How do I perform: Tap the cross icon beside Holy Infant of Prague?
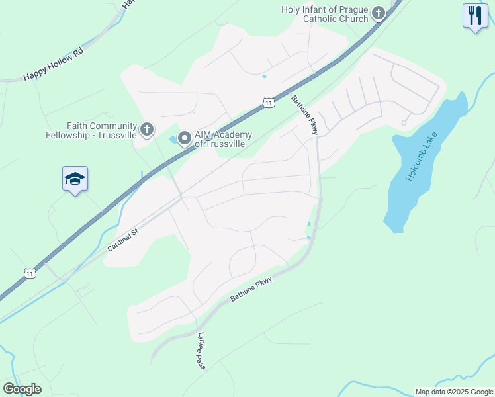click(x=378, y=13)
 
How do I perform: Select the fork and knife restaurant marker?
click(x=474, y=15)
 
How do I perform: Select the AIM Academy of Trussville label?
click(x=222, y=139)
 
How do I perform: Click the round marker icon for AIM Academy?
click(x=185, y=138)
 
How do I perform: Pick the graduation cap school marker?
click(x=75, y=179)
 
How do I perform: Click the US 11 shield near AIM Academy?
click(x=267, y=102)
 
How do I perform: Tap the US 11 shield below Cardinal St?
click(x=30, y=272)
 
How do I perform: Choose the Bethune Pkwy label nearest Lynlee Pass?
click(x=251, y=290)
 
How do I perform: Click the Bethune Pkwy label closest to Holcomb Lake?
click(x=305, y=116)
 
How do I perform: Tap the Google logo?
click(x=22, y=388)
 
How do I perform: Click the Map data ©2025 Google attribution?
click(x=455, y=392)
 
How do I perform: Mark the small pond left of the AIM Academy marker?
click(x=173, y=140)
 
